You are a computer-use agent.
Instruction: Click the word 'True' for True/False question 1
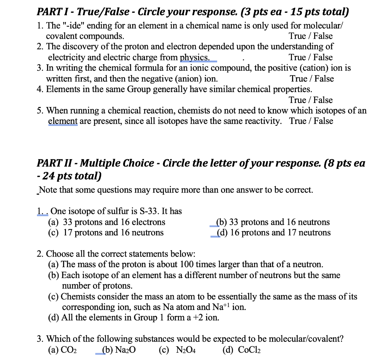pyautogui.click(x=297, y=36)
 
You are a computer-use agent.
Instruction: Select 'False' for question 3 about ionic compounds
pyautogui.click(x=324, y=79)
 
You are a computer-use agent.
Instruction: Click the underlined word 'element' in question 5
pyautogui.click(x=63, y=121)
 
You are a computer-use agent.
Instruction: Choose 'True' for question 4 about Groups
pyautogui.click(x=297, y=100)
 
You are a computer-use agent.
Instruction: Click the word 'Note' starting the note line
pyautogui.click(x=47, y=190)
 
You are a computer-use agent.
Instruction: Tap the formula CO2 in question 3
pyautogui.click(x=70, y=350)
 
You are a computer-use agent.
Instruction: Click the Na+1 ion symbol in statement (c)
pyautogui.click(x=221, y=307)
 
